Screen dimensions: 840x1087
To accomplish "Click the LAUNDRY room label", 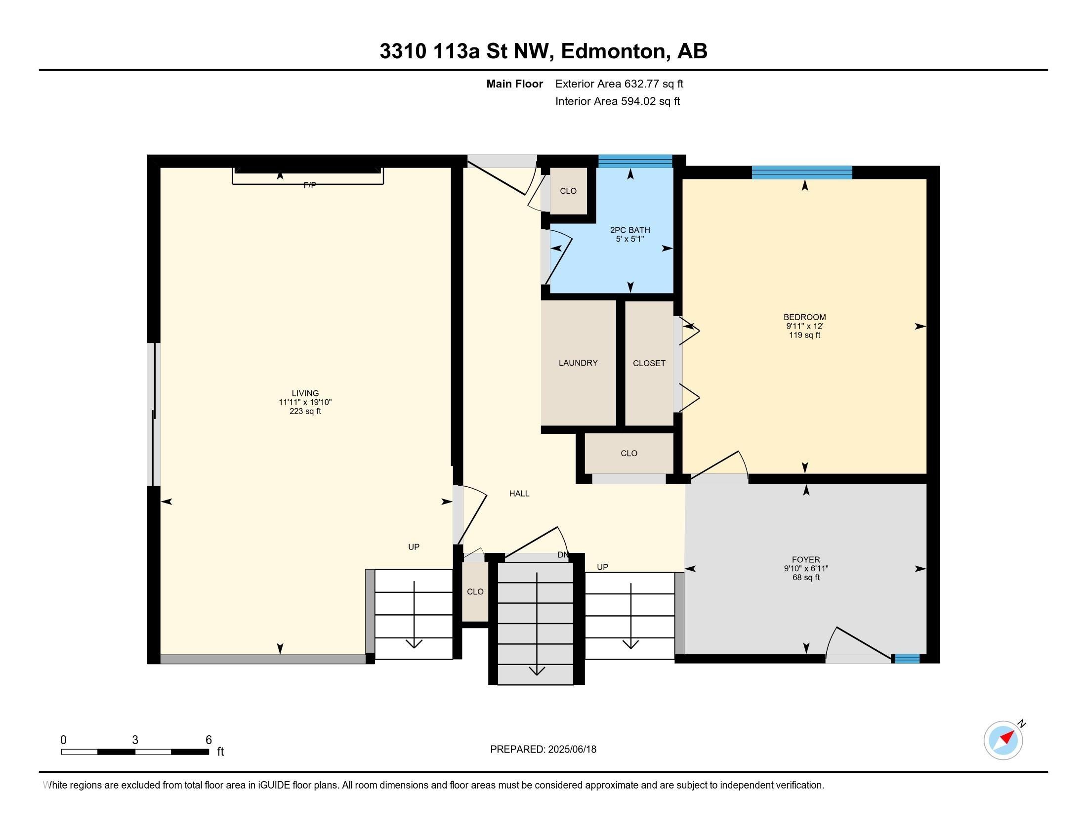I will [x=578, y=363].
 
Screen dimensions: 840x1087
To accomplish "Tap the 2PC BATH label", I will [x=629, y=230].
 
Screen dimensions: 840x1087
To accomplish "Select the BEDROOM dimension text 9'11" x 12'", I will [x=804, y=327].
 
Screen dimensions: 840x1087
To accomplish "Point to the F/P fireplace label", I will [x=310, y=185].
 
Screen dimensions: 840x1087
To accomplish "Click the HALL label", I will [x=519, y=494].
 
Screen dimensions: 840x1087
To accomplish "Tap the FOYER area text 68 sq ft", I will [x=806, y=578].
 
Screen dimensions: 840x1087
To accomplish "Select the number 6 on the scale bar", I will [x=209, y=740].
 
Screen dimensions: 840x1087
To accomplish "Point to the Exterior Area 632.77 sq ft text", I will [x=619, y=84].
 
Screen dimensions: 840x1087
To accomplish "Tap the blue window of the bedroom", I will [x=802, y=172].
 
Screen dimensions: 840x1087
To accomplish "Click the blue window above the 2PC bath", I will [x=634, y=161].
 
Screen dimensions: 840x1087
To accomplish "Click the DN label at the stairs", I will [x=562, y=555].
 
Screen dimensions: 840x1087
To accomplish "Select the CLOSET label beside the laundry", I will [x=649, y=363].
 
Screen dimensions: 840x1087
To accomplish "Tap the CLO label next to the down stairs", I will [x=475, y=591].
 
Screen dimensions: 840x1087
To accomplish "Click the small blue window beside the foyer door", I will [x=907, y=659].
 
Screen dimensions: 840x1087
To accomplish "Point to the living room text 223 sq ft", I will [x=305, y=411].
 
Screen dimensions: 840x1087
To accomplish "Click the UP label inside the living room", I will [x=414, y=547].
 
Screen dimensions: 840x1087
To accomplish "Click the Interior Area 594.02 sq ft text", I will [x=617, y=101].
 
